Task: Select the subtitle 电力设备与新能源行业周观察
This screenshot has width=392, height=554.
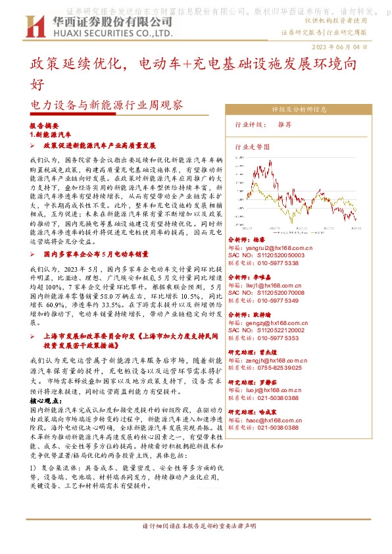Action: [107, 105]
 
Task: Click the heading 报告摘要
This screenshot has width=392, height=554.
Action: [45, 124]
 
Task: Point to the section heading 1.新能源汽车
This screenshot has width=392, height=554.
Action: [51, 133]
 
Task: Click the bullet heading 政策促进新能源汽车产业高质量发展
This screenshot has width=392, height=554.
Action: [99, 145]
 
